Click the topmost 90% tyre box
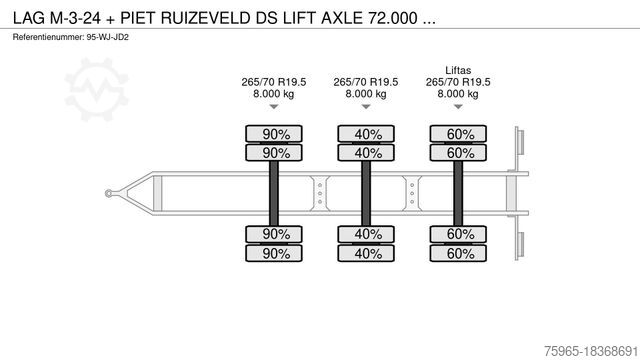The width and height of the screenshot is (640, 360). (270, 134)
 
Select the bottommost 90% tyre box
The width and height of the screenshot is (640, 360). (270, 253)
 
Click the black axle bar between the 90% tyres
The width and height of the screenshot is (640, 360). (270, 193)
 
